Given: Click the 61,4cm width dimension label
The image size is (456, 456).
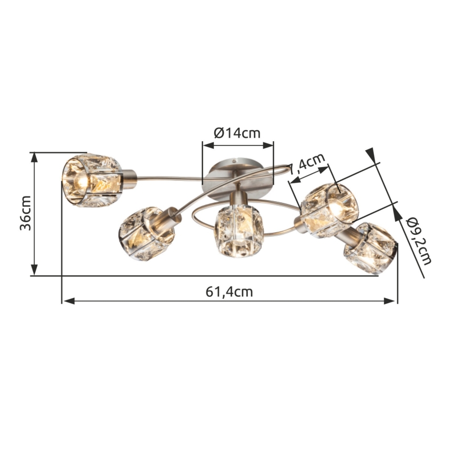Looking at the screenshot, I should pos(229,292).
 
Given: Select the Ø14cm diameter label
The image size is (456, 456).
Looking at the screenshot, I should pos(237,132).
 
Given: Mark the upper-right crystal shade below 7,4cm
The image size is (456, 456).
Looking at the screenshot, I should pos(330,209).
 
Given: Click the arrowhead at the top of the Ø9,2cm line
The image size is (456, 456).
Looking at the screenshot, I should pos(370,153).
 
